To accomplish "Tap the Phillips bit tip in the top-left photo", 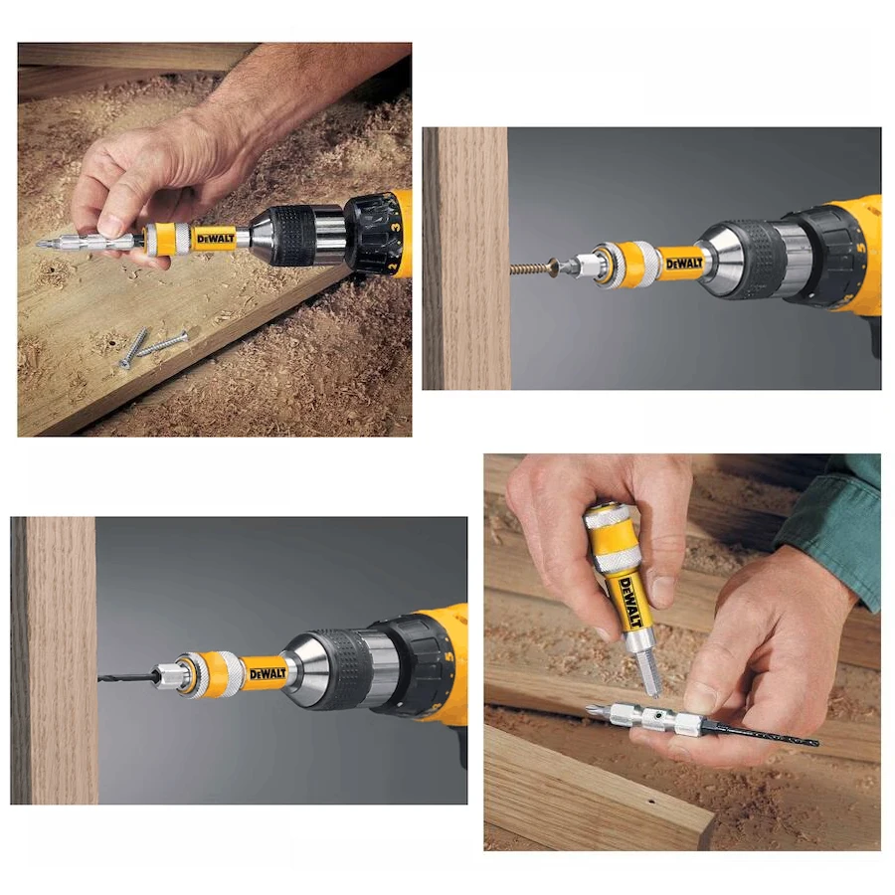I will [44, 242].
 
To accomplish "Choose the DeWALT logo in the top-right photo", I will [683, 264].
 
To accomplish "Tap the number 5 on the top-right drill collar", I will [857, 241].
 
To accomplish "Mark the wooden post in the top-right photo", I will [465, 259].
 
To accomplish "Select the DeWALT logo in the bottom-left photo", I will [267, 674].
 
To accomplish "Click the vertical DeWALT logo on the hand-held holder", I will [628, 601].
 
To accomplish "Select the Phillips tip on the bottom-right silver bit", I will [594, 709].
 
